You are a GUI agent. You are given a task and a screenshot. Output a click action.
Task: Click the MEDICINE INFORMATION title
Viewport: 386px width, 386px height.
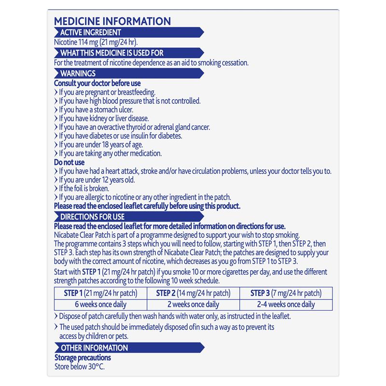[112, 21]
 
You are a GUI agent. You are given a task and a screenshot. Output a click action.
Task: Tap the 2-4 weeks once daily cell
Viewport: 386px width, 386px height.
[286, 304]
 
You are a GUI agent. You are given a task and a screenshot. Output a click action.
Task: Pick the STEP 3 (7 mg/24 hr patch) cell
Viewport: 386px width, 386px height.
[286, 293]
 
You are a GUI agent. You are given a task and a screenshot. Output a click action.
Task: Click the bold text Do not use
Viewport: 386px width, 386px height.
[69, 163]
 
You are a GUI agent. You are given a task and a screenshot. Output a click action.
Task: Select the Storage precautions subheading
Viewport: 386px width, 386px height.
[83, 358]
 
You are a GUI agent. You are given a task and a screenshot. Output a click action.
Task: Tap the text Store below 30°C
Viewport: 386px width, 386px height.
[80, 366]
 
